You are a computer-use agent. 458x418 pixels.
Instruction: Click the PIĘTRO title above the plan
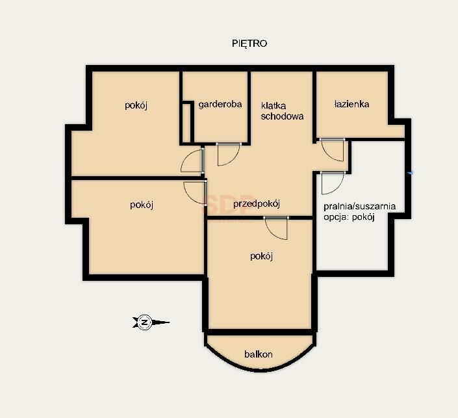(x=249, y=44)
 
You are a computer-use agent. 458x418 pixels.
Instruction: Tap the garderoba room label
(x=220, y=105)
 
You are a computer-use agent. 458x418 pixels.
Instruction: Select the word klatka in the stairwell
(x=274, y=105)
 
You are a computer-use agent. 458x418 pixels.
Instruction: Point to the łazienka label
(x=351, y=104)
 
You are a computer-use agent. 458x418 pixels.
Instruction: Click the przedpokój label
(x=257, y=203)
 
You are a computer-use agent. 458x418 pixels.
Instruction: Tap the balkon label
(x=259, y=354)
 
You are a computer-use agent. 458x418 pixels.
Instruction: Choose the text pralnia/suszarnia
(x=359, y=206)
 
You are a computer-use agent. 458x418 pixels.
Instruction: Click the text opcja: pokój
(x=349, y=217)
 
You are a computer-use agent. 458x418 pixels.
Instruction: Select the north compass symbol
(x=150, y=322)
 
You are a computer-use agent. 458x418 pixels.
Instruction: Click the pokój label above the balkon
(x=261, y=256)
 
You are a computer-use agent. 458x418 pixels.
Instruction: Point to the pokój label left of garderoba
(x=136, y=105)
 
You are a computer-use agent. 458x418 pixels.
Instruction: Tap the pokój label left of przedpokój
(x=142, y=205)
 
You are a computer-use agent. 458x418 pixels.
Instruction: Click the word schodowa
(x=282, y=116)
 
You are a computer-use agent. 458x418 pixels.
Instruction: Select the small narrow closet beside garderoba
(x=186, y=123)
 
